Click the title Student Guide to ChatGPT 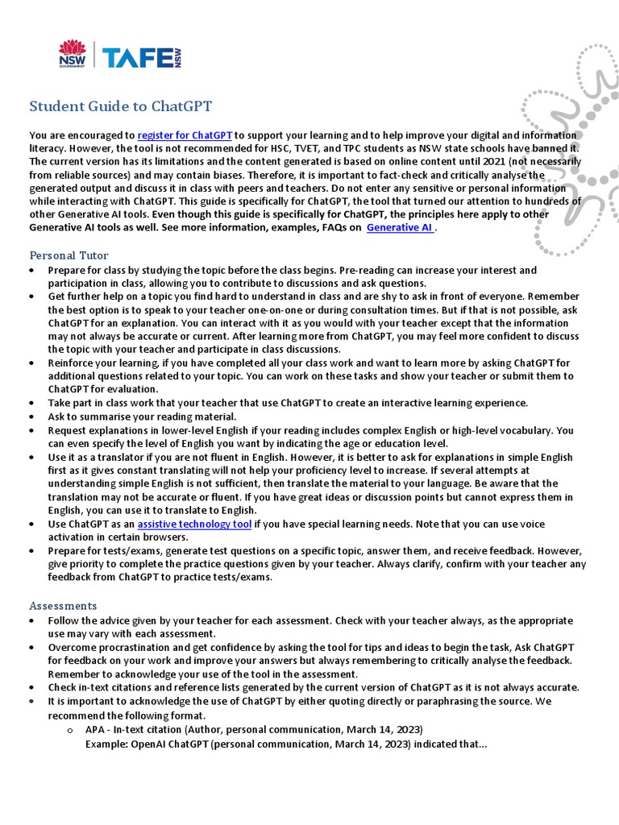(121, 106)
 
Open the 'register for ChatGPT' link (185, 135)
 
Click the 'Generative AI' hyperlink (400, 228)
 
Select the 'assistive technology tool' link (194, 524)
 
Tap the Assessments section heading (63, 605)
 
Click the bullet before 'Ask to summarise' (31, 417)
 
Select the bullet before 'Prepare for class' (31, 271)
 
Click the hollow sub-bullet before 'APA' (70, 730)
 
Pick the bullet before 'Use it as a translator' (31, 458)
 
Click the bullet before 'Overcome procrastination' (31, 648)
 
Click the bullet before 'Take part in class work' (31, 403)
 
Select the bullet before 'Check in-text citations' (31, 688)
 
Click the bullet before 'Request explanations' (31, 431)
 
